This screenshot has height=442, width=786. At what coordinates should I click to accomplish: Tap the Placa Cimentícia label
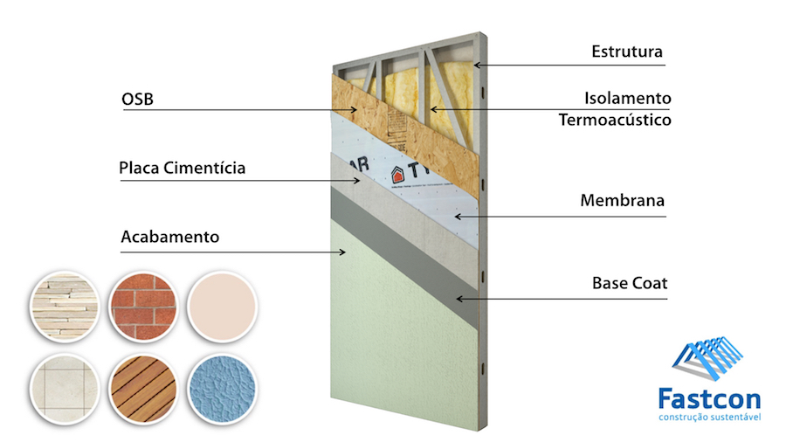pyautogui.click(x=182, y=168)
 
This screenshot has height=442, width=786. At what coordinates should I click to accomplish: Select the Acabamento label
pyautogui.click(x=169, y=236)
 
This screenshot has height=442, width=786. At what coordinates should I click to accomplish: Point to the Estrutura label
pyautogui.click(x=626, y=52)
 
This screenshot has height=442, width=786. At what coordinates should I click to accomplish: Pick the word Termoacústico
pyautogui.click(x=615, y=120)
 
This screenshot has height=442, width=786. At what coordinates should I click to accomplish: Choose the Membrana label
pyautogui.click(x=622, y=201)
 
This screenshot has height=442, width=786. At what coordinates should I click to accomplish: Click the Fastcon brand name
pyautogui.click(x=709, y=400)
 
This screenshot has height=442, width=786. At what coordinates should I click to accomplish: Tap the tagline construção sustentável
pyautogui.click(x=709, y=418)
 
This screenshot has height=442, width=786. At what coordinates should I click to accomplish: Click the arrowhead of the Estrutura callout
pyautogui.click(x=477, y=65)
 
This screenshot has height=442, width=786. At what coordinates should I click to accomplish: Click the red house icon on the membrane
pyautogui.click(x=398, y=173)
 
